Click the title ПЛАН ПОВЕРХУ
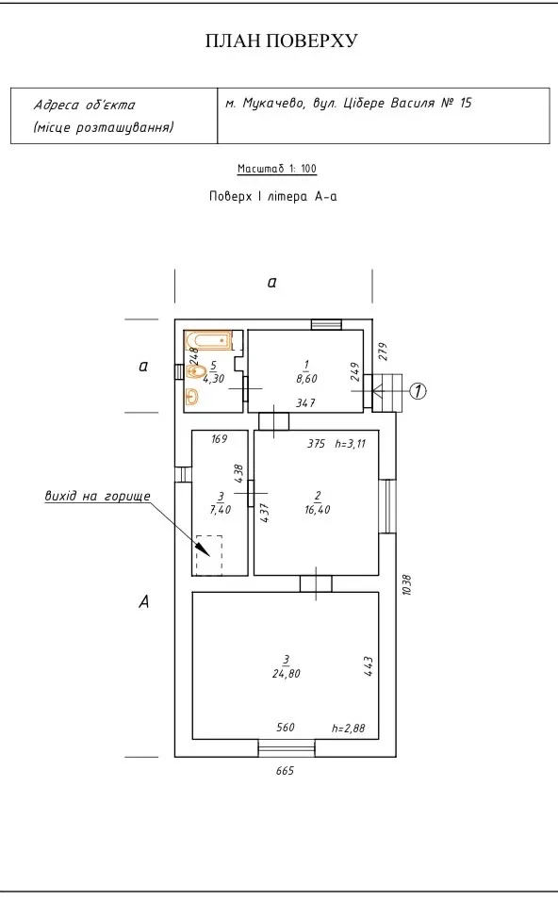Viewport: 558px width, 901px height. click(x=281, y=41)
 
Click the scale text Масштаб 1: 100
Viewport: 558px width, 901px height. click(x=277, y=169)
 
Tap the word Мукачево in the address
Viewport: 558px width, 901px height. click(x=273, y=104)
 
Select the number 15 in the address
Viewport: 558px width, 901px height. click(x=466, y=103)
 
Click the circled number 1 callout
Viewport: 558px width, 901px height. click(x=418, y=391)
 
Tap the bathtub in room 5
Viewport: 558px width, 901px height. click(x=209, y=340)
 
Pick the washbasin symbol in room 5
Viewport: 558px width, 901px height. click(x=192, y=397)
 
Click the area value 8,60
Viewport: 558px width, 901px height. click(x=307, y=379)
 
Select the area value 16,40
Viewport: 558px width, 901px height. click(x=318, y=510)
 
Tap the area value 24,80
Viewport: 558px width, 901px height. click(x=287, y=674)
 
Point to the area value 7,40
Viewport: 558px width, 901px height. click(x=221, y=510)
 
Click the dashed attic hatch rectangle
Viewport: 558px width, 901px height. click(x=209, y=555)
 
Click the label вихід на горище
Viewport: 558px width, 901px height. click(x=98, y=496)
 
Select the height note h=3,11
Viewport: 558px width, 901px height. click(x=350, y=444)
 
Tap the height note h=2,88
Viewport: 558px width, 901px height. click(x=348, y=728)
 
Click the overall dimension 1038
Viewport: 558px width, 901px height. click(x=407, y=584)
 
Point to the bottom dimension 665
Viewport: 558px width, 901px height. click(x=285, y=771)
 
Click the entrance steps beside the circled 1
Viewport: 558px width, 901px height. click(x=387, y=393)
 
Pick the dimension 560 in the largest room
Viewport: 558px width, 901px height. click(x=286, y=728)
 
